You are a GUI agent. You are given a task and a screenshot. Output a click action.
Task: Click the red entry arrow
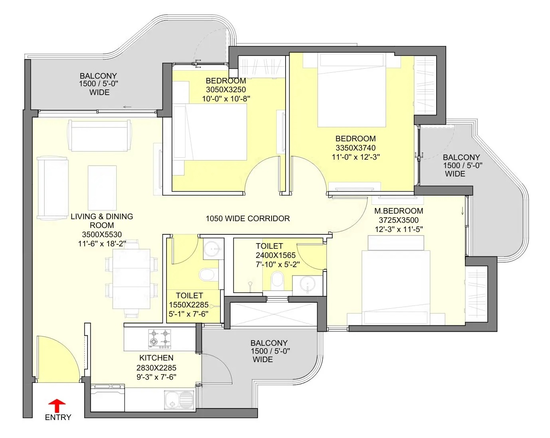click(x=57, y=405)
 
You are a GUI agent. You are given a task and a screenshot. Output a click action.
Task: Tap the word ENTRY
click(x=58, y=417)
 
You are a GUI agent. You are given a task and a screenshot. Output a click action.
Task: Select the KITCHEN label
click(x=156, y=358)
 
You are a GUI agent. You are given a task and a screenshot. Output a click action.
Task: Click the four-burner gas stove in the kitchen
click(x=159, y=339)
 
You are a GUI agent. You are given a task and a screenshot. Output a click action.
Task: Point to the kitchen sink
click(x=179, y=400)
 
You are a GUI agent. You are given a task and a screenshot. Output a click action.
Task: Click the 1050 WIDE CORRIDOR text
click(x=248, y=218)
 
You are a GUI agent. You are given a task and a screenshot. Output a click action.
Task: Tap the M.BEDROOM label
click(x=399, y=211)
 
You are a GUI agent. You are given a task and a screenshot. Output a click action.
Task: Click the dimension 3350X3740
click(x=355, y=148)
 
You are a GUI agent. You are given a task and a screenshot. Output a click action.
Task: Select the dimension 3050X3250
click(x=226, y=90)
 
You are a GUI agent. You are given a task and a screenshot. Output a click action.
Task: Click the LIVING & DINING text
click(x=102, y=216)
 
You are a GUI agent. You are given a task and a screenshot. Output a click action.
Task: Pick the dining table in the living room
click(x=131, y=279)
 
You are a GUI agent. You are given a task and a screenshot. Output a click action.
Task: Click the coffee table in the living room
click(x=102, y=188)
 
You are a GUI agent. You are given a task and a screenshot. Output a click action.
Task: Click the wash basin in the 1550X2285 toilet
click(x=213, y=249)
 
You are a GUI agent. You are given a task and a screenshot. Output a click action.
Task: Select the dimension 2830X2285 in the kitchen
click(x=156, y=368)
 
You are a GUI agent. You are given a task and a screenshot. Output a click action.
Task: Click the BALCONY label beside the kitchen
click(x=269, y=343)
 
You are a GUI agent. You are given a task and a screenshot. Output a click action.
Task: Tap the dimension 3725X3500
click(x=399, y=220)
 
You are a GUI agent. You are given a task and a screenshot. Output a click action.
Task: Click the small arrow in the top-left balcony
click(x=127, y=107)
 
